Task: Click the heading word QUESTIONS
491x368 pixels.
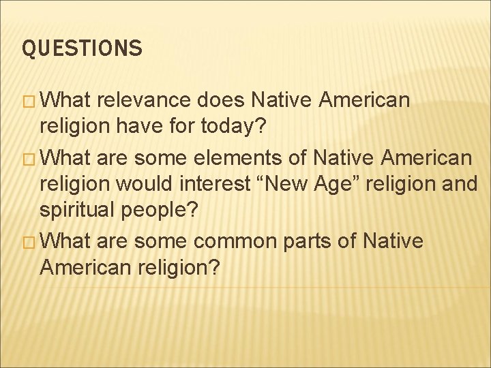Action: click(83, 48)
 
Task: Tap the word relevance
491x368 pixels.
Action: click(143, 101)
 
